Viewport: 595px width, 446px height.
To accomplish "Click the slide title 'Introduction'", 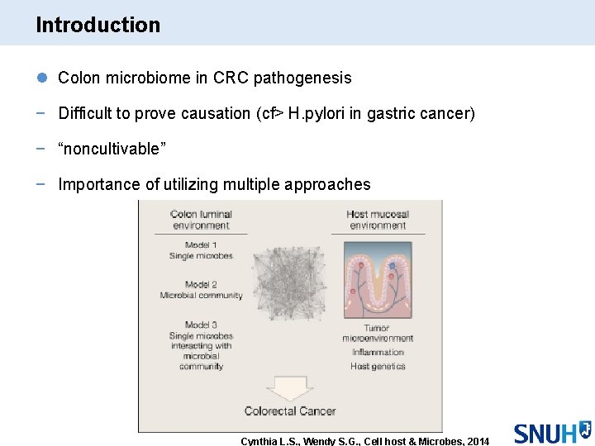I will (x=98, y=25).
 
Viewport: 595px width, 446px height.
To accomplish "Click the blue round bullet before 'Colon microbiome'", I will (x=42, y=78).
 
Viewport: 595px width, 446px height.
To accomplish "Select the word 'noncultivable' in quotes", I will (x=112, y=149).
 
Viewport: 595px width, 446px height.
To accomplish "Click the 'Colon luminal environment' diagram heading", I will (x=200, y=220).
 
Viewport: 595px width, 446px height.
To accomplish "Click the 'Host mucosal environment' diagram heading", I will (x=378, y=220).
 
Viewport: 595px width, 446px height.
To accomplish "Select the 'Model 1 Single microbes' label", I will (x=201, y=250).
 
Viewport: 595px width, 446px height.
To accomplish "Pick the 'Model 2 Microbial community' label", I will (x=201, y=290).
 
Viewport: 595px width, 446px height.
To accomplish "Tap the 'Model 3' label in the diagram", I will (x=201, y=325).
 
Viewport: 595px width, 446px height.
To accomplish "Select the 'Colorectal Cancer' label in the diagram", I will (x=289, y=410).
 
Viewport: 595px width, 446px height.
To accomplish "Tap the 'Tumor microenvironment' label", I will (x=377, y=333).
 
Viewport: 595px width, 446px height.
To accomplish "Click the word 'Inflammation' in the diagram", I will (x=378, y=353).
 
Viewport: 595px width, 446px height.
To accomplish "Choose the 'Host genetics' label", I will (x=378, y=366).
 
